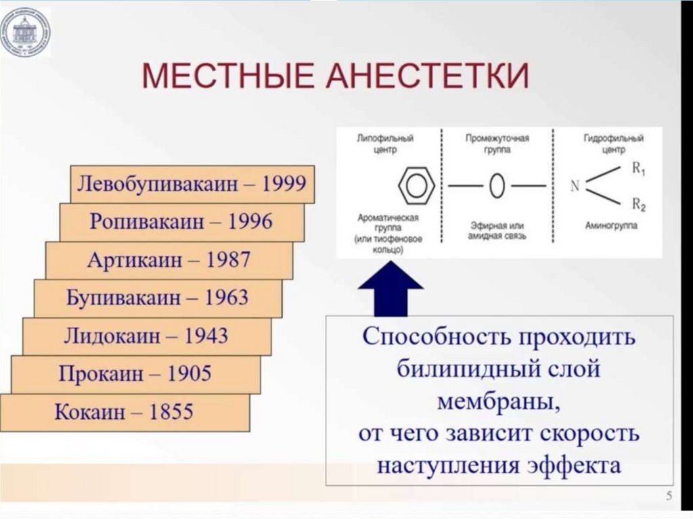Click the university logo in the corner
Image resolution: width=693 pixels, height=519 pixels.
(x=25, y=32)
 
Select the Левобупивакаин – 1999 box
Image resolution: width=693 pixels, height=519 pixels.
(x=192, y=183)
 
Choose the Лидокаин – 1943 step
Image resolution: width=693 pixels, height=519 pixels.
(x=146, y=336)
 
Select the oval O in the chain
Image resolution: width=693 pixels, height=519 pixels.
(x=497, y=185)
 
